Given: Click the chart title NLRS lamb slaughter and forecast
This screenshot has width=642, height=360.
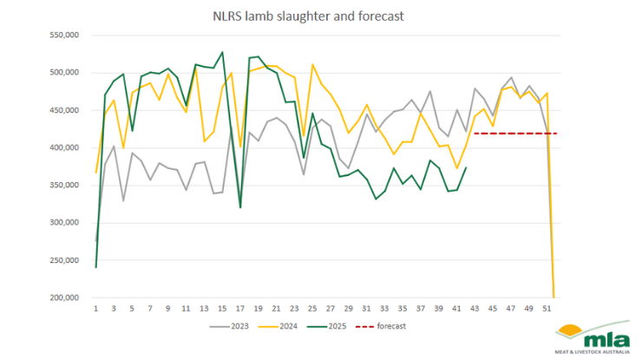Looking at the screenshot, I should pyautogui.click(x=320, y=16).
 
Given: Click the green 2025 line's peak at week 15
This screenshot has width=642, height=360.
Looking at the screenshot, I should pyautogui.click(x=222, y=52).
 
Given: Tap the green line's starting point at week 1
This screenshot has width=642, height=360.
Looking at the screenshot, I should pyautogui.click(x=95, y=267).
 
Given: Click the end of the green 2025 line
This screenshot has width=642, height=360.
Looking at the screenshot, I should pyautogui.click(x=466, y=168).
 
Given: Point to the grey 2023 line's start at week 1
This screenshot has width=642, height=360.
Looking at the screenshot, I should pyautogui.click(x=95, y=241).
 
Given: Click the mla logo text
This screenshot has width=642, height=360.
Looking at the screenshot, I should pyautogui.click(x=598, y=339).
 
